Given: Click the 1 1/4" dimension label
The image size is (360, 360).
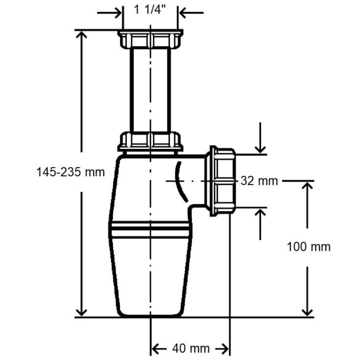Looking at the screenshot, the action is tap(150, 10).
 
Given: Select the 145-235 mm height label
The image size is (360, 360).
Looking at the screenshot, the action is tap(71, 172).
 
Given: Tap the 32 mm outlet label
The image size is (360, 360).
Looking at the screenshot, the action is tap(259, 181).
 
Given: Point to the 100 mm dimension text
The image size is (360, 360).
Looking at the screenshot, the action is tap(309, 247).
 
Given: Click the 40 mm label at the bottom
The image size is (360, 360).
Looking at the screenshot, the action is tap(191, 348).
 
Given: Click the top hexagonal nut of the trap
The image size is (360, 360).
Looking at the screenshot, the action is tap(150, 39).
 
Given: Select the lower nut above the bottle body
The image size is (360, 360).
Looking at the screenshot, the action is tap(150, 141).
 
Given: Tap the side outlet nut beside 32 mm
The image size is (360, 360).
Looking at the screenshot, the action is tap(220, 181).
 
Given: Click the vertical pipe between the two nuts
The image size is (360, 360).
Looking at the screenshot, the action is tap(150, 90).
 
